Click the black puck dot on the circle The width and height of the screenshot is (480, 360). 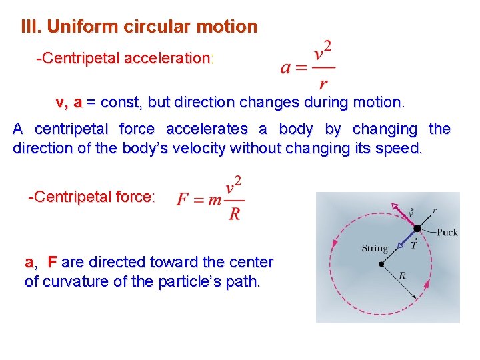[417, 229]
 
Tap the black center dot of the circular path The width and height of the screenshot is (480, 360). [381, 264]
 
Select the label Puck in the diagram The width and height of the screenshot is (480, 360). [446, 233]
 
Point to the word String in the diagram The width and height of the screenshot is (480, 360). [375, 249]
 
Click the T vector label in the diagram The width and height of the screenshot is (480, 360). [413, 244]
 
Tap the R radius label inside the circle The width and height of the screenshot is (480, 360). [402, 275]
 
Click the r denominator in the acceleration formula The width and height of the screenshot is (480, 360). [323, 84]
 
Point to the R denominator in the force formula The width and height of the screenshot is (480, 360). [235, 214]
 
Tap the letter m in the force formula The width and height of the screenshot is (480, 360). [214, 200]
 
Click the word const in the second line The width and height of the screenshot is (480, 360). [120, 103]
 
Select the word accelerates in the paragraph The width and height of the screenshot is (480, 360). [207, 129]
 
